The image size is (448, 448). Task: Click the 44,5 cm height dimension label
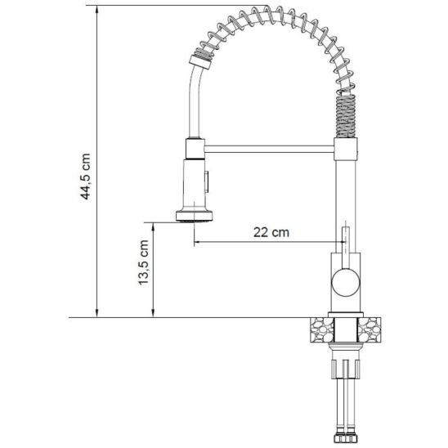click(85, 177)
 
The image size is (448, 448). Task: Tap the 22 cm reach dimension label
click(271, 232)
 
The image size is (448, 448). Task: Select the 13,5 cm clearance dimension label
click(143, 262)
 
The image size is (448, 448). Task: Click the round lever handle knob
click(346, 282)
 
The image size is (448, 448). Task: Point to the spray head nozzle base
click(195, 216)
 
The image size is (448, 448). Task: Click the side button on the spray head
click(207, 181)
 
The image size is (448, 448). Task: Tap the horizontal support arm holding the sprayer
click(269, 149)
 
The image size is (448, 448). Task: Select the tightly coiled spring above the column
click(346, 116)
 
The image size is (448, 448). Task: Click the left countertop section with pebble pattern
click(322, 329)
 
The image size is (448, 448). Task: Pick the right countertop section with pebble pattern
click(370, 329)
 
